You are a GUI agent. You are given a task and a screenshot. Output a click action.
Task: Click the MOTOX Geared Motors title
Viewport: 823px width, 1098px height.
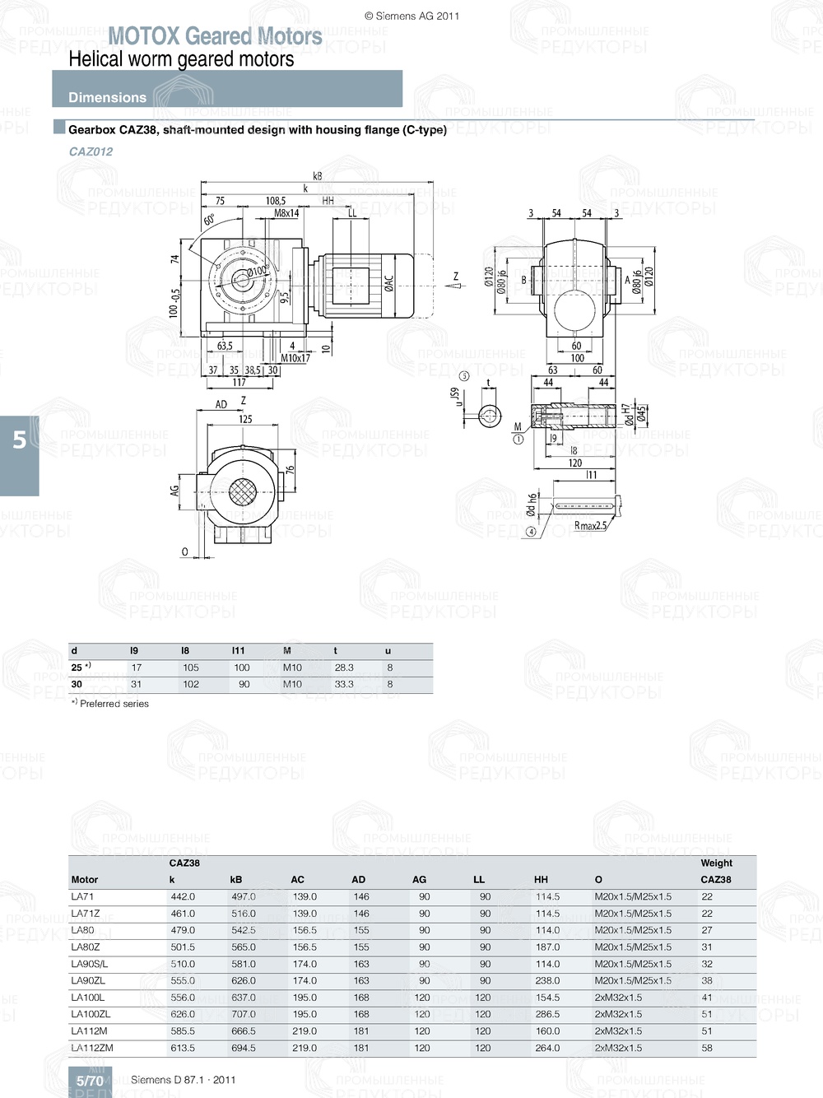click(215, 36)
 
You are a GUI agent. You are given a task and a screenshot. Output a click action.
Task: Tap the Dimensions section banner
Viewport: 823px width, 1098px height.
click(107, 97)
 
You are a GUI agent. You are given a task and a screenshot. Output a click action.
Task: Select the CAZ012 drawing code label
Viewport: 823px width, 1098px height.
click(91, 151)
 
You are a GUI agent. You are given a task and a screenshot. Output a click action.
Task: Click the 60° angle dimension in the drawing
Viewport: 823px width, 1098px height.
click(210, 220)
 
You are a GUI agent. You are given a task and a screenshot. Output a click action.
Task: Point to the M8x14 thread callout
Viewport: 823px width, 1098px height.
click(286, 213)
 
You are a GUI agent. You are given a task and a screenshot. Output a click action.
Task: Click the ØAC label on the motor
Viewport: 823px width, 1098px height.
click(388, 283)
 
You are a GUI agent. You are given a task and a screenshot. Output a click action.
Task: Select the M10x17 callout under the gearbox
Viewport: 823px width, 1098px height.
click(295, 358)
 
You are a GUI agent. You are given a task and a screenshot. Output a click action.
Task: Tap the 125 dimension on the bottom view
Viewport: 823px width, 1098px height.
click(245, 419)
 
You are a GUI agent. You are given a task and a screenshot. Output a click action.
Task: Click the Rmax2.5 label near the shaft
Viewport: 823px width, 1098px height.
click(590, 526)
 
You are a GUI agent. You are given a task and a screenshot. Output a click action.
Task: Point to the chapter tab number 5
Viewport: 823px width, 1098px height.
click(20, 440)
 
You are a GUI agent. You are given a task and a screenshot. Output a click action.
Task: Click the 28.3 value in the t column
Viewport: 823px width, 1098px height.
click(344, 668)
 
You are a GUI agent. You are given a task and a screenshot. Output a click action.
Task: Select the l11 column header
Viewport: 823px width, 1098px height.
click(239, 650)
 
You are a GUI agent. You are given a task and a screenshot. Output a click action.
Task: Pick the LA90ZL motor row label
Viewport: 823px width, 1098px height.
click(88, 980)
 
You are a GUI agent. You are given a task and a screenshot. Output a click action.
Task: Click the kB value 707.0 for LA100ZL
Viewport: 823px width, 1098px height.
click(243, 1014)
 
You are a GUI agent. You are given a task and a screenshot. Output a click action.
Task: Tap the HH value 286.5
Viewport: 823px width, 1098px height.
click(547, 1014)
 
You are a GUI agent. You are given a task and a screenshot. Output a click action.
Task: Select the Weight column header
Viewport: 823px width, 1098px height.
click(716, 863)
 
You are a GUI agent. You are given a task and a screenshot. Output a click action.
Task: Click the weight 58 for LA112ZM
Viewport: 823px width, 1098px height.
click(707, 1048)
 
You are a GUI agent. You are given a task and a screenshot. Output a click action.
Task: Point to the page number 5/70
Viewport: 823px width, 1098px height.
click(90, 1081)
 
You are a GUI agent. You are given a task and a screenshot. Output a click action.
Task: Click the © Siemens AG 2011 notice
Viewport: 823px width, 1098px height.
click(411, 16)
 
